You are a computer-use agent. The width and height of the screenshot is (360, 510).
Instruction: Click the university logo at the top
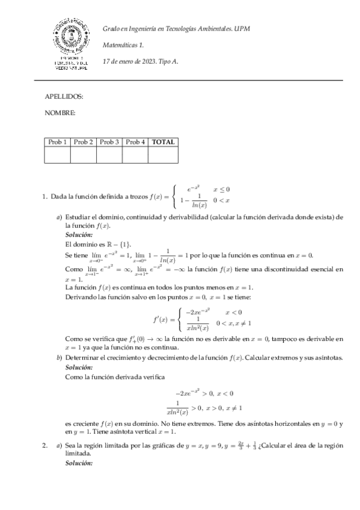(71, 44)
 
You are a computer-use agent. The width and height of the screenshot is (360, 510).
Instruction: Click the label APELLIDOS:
(64, 96)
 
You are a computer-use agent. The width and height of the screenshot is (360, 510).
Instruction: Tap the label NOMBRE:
(60, 113)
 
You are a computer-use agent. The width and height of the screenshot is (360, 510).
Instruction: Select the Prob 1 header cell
(58, 143)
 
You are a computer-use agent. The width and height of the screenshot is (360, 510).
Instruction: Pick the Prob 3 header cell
(109, 143)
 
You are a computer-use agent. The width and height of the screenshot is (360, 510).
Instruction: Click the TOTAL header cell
(163, 143)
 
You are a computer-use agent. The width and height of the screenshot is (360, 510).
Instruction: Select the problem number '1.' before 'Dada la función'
(45, 196)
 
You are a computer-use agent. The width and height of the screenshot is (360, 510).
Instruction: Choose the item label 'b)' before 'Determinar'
(59, 357)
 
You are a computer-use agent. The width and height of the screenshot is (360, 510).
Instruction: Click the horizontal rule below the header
(188, 80)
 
